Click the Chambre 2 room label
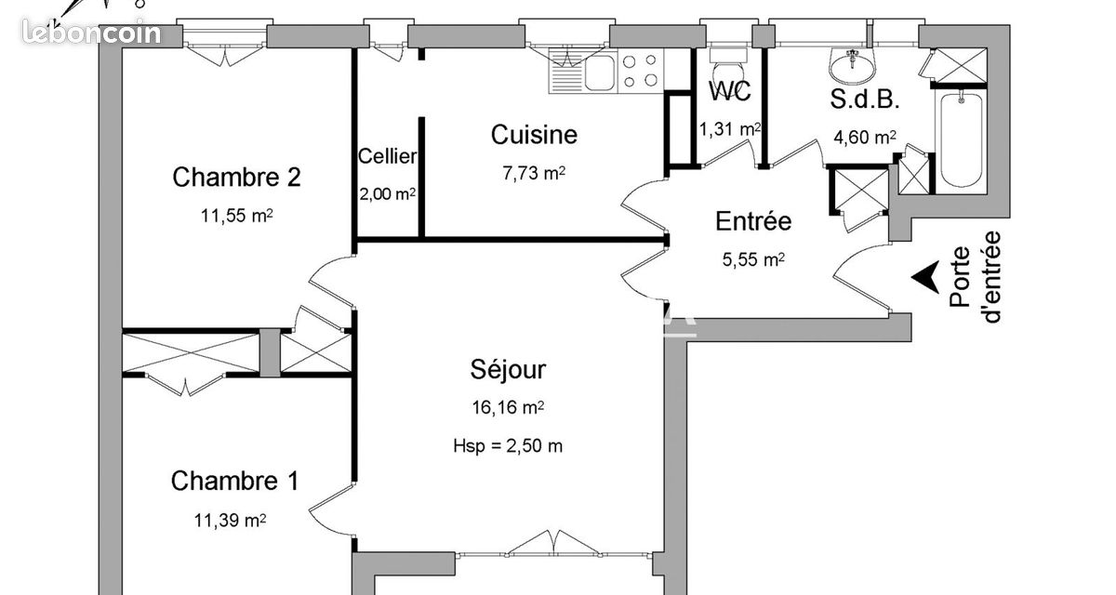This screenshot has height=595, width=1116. coord(236,178)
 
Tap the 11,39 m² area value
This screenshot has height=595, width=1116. coord(230,521)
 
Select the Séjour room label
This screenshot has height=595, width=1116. coord(508,370)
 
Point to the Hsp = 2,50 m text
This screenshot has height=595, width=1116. coord(508,445)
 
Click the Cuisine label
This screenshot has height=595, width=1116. coord(534,135)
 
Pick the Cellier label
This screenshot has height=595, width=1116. coord(387,156)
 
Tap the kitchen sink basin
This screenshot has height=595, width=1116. coord(600,73)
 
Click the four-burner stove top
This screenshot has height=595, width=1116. coord(640,71)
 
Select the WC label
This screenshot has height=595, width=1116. coord(730,91)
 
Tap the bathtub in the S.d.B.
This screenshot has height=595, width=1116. coord(962,139)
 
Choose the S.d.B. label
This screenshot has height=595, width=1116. coord(865,100)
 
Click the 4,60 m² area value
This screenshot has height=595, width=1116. coord(865,137)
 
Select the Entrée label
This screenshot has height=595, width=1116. coord(753,221)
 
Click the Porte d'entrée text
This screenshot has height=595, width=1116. coord(975,277)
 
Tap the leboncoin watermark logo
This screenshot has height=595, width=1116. coord(92,33)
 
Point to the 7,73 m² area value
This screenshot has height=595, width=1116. coord(534,173)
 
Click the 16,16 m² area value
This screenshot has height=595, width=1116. coord(508,408)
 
